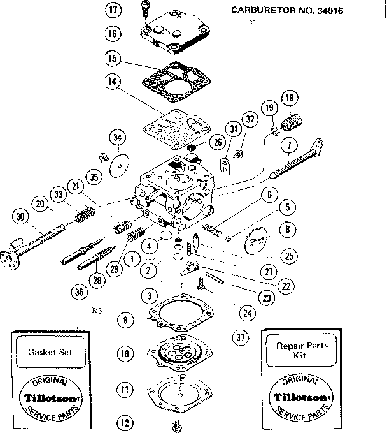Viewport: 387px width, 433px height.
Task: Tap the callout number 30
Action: (20, 217)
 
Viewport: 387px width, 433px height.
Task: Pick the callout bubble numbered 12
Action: (125, 422)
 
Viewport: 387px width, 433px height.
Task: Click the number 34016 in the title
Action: (334, 11)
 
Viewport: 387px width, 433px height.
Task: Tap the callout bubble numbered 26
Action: (218, 142)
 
